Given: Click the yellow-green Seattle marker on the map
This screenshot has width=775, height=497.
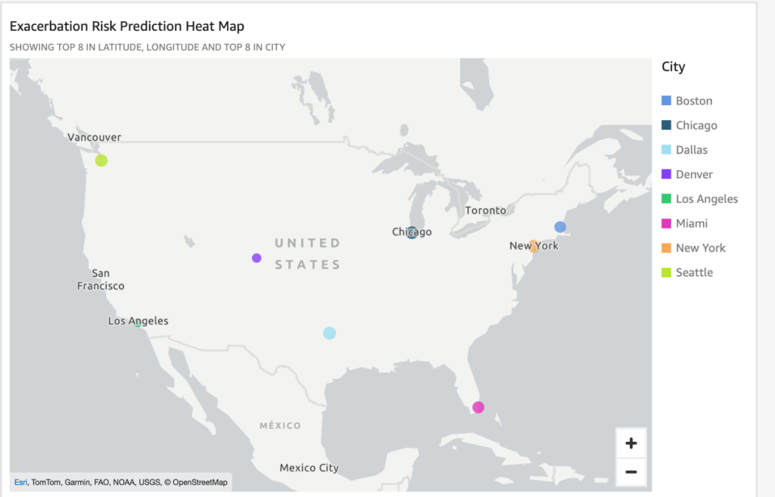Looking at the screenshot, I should click(x=101, y=160).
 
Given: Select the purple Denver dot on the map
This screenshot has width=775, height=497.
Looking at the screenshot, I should click(x=257, y=258).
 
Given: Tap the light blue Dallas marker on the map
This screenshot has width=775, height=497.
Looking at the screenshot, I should click(x=329, y=333).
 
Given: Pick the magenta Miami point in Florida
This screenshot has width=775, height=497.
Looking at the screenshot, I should click(x=478, y=407).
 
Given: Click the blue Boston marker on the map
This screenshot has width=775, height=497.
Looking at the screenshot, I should click(x=560, y=227).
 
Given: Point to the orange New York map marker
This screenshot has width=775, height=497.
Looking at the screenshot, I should click(x=534, y=246).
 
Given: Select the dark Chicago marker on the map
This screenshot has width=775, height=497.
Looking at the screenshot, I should click(x=412, y=232).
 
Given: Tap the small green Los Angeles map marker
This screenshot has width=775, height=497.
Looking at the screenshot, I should click(x=138, y=323).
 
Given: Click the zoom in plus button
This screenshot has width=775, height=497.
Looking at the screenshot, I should click(x=631, y=443).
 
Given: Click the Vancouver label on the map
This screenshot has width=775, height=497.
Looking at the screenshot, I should click(x=94, y=137).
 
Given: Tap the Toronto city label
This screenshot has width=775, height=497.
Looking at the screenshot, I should click(x=485, y=210).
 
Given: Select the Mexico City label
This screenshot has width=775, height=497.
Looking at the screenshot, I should click(x=309, y=467).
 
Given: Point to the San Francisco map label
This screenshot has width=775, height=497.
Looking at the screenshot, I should click(x=101, y=280).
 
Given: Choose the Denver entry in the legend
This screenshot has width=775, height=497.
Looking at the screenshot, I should click(x=694, y=174).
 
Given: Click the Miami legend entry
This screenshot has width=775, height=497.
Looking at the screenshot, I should click(x=692, y=223).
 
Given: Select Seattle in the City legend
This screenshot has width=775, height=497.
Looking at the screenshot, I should click(x=694, y=272).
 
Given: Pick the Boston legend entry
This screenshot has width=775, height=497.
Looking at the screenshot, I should click(x=693, y=101).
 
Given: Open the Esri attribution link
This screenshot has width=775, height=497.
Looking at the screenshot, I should click(x=20, y=482).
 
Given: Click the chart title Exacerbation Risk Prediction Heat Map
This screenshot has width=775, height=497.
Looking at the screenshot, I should click(x=126, y=26).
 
